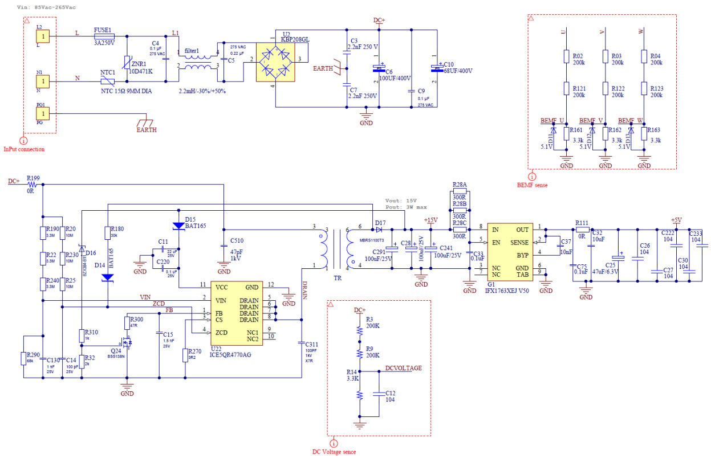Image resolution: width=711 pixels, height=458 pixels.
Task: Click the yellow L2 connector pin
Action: click(43, 36)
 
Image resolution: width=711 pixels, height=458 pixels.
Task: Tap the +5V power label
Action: click(676, 220)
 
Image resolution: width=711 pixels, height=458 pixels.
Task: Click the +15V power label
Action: click(430, 220)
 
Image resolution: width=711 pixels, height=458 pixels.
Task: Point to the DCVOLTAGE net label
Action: click(403, 368)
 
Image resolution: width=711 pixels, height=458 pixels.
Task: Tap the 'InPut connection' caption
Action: click(24, 149)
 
